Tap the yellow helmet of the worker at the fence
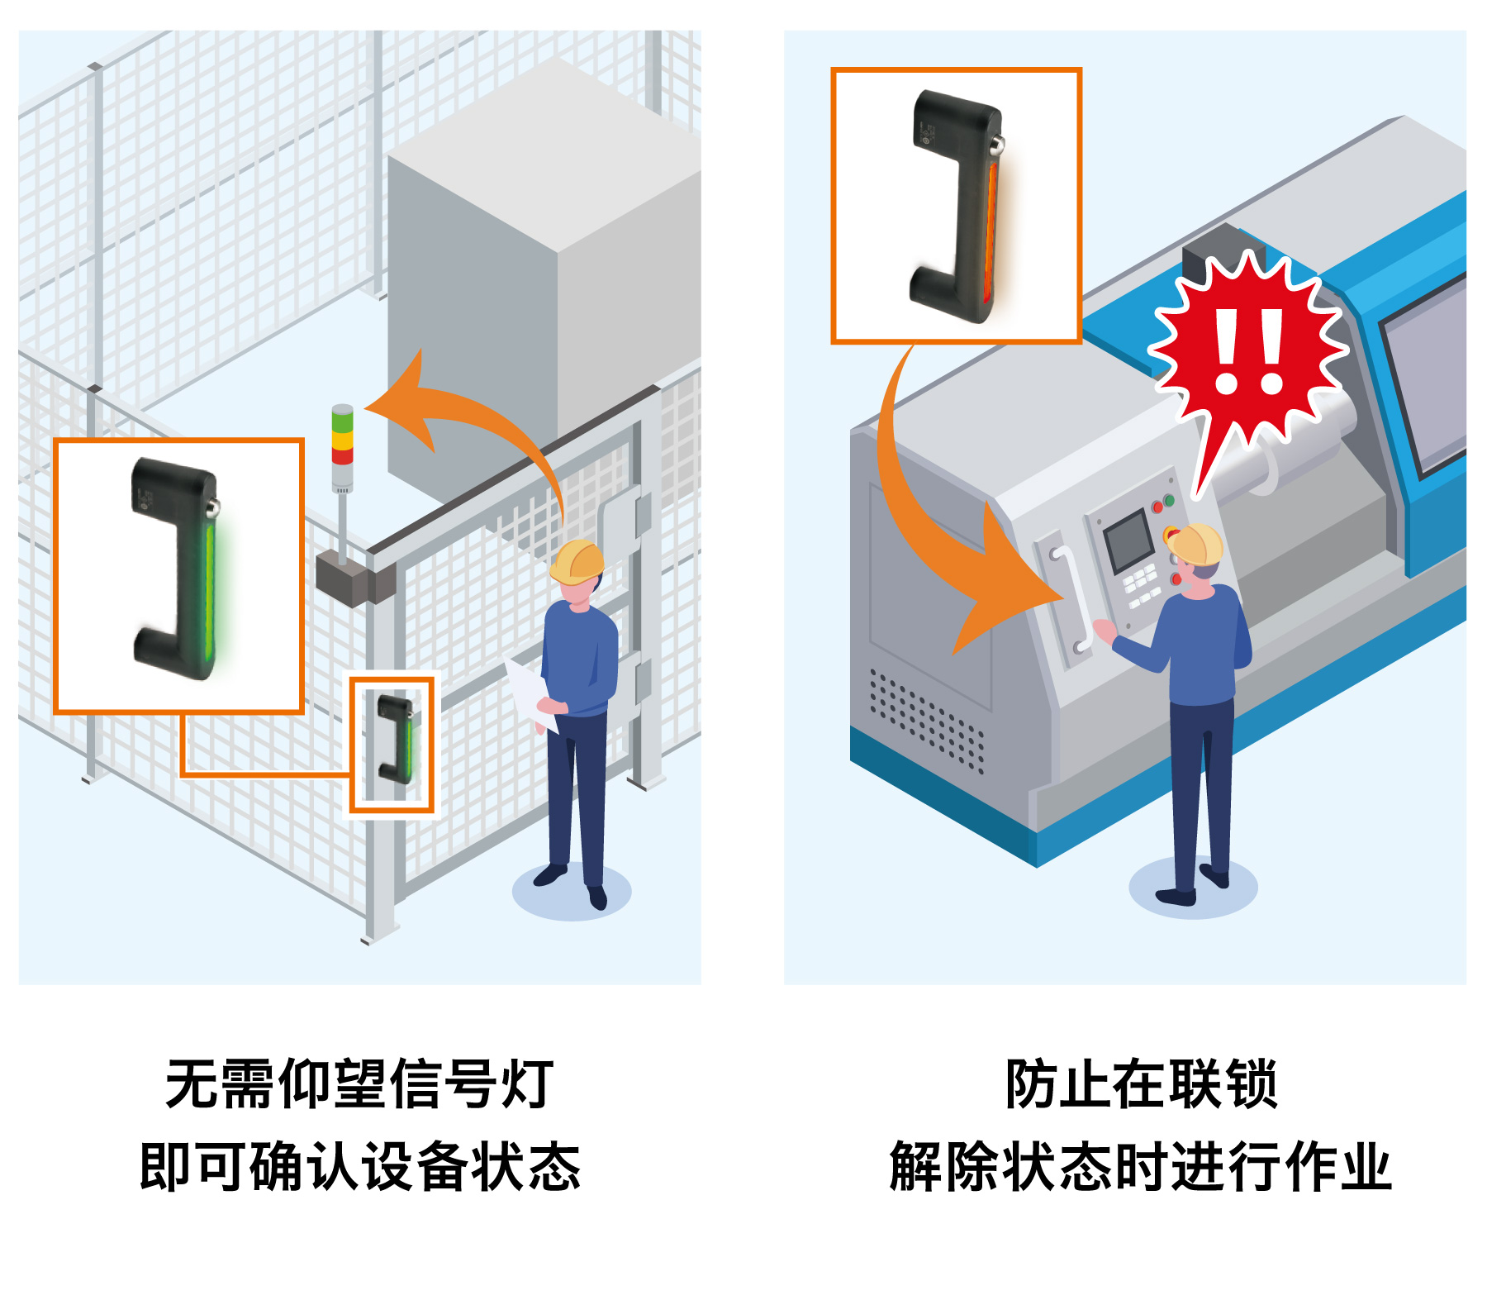[x=577, y=562]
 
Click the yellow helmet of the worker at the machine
[x=1194, y=544]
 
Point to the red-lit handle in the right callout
[x=958, y=207]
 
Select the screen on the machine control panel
[x=1128, y=541]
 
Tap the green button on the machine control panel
[x=1169, y=500]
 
